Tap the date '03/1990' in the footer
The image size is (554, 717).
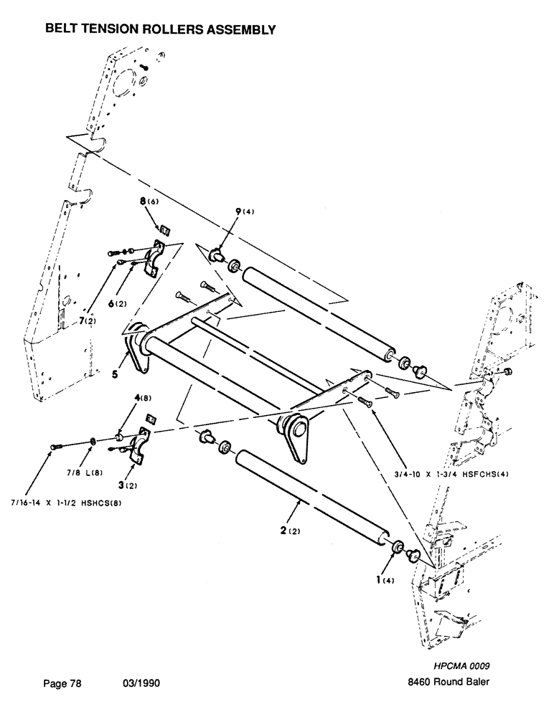click(141, 683)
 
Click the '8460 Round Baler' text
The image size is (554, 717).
click(449, 683)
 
